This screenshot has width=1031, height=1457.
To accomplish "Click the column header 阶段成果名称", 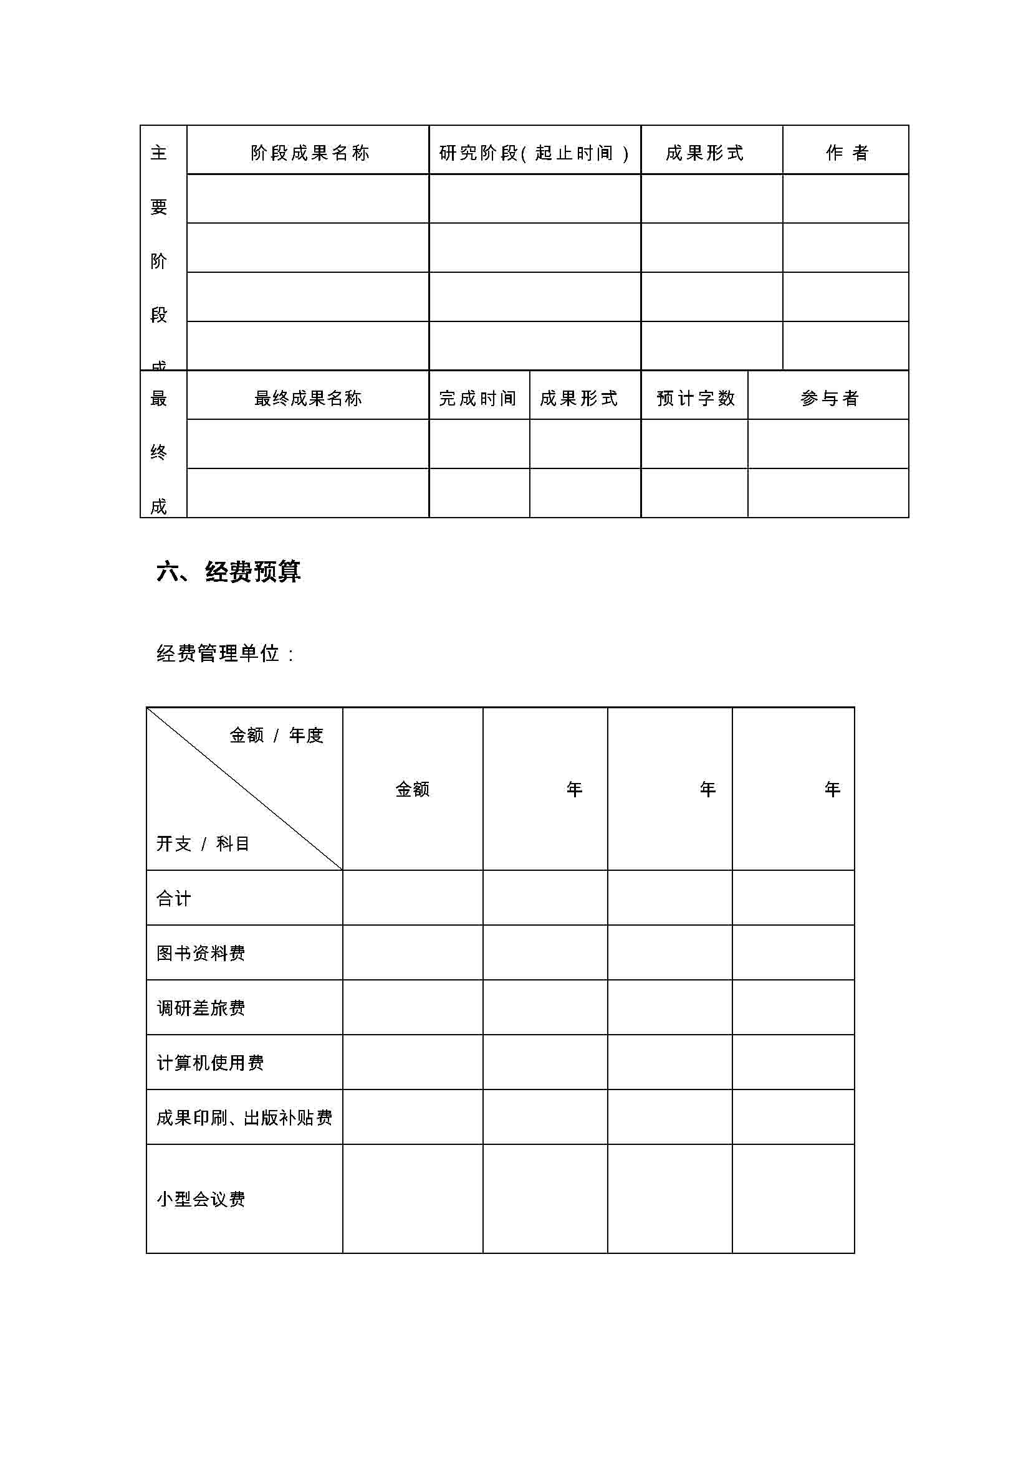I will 309,153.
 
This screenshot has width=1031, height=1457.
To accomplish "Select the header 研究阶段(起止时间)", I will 534,153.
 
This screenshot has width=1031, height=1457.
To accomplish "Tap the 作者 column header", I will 846,153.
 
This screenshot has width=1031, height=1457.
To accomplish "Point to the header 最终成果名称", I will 308,399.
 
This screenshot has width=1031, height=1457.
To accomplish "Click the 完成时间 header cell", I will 478,399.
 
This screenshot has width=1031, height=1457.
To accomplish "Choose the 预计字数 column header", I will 695,399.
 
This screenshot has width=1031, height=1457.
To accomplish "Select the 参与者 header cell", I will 829,399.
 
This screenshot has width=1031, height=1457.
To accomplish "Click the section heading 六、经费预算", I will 228,572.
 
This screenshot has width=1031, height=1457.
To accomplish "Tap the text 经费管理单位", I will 218,653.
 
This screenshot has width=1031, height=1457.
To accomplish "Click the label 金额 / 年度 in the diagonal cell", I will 276,736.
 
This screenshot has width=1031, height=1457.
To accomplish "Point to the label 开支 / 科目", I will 203,843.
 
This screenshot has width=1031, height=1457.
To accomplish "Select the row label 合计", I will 173,899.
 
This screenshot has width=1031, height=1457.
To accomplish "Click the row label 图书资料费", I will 201,953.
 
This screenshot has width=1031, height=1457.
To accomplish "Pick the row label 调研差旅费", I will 201,1008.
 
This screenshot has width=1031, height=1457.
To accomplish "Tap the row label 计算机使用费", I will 210,1063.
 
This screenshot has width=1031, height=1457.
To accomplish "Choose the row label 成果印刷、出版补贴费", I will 244,1118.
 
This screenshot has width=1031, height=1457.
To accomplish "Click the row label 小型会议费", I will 201,1198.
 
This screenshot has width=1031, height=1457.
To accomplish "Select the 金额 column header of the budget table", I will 413,789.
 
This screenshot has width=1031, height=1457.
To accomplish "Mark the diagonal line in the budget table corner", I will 245,789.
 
